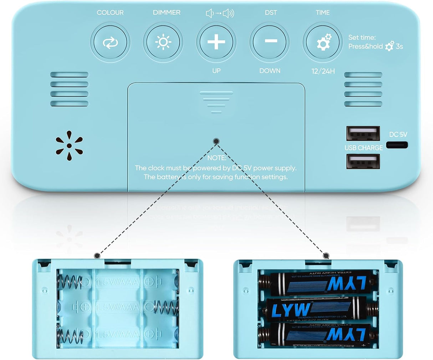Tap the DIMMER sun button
point(163,42)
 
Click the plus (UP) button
point(216,42)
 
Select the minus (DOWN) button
point(270,41)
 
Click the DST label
point(271,12)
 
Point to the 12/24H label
point(323,71)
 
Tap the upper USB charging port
point(363,133)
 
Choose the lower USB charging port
point(363,161)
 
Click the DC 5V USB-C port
point(397,145)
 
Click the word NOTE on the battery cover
point(216,158)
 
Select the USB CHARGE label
point(363,148)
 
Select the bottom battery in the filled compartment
point(317,334)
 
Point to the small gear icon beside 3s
point(389,46)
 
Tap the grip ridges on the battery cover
point(216,101)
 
